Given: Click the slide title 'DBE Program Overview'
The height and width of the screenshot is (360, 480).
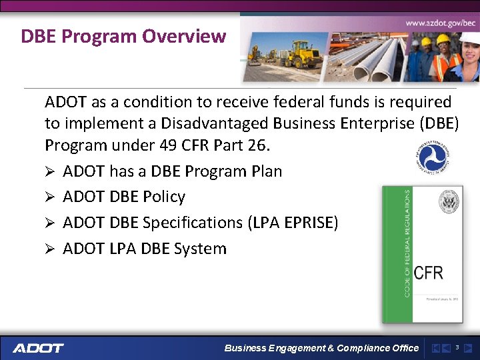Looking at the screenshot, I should click(x=123, y=36).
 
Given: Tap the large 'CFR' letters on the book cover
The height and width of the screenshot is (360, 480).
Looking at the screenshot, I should click(x=428, y=272).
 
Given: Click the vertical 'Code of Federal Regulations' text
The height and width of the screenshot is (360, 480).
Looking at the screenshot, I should click(x=407, y=243).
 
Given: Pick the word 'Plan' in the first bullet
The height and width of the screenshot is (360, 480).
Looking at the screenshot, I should click(x=266, y=171).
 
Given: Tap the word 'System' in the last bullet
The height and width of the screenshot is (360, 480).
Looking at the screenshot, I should click(x=200, y=249).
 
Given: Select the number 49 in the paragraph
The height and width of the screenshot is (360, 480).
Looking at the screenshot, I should click(x=169, y=145).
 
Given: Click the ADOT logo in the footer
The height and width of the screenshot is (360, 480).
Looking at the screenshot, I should click(x=38, y=348).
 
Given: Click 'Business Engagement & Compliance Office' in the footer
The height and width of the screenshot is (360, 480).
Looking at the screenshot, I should click(x=321, y=348).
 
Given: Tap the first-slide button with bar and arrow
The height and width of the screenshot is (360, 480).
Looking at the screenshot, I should click(x=435, y=348).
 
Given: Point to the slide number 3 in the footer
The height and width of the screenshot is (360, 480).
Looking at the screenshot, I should click(x=457, y=347).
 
